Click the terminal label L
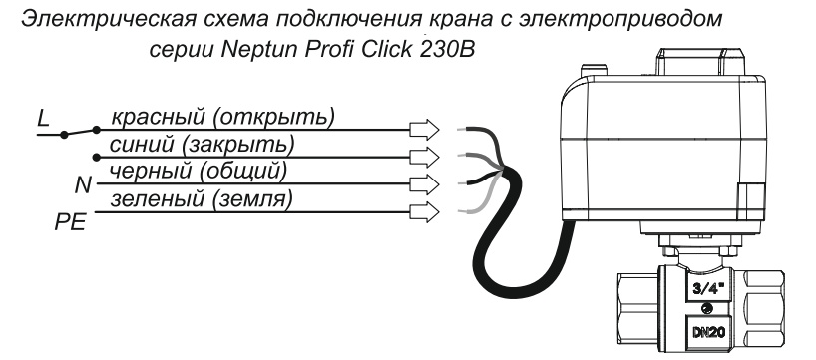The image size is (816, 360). click(43, 119)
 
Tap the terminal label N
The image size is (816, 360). click(83, 184)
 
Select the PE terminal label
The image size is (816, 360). click(70, 222)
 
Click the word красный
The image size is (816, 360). click(158, 118)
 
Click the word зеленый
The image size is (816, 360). click(157, 199)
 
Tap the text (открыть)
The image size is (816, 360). click(272, 118)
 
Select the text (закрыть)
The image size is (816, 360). click(237, 146)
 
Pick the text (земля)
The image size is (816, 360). click(251, 199)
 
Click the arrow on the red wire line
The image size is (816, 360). click(424, 129)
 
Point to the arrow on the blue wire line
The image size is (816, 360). click(424, 157)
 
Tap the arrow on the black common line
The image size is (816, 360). click(424, 184)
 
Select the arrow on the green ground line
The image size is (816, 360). click(424, 212)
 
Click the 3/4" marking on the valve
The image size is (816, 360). click(706, 288)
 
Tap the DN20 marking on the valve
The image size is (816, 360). click(706, 329)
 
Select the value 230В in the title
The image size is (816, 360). click(446, 49)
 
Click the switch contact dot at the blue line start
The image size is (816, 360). click(96, 158)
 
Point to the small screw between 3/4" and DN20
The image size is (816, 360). click(706, 307)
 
